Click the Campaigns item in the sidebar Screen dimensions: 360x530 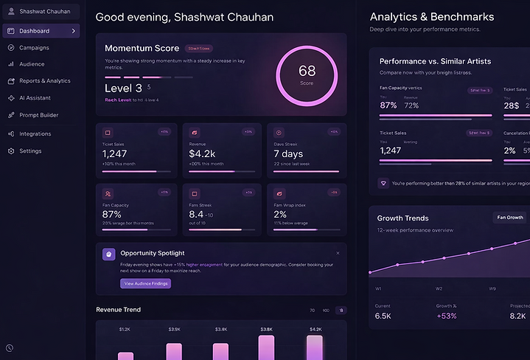tap(34, 48)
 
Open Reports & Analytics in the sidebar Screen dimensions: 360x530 tap(44, 81)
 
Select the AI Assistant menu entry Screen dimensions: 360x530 tap(35, 98)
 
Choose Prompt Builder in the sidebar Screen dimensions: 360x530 tap(38, 115)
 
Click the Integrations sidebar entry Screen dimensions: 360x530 tap(35, 134)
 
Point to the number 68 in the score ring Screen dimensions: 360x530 tap(307, 71)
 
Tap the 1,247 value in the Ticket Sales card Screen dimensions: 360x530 tap(115, 153)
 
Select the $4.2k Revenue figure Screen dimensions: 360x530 tap(202, 153)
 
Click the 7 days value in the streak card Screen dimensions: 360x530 tap(288, 153)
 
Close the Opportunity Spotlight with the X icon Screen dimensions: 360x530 tap(338, 253)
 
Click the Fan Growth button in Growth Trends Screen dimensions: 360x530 tap(510, 218)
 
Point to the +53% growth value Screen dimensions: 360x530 tap(447, 316)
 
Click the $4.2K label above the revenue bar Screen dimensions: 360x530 tap(315, 330)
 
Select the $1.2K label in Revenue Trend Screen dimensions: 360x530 tap(125, 330)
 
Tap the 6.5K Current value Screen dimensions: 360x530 tap(383, 316)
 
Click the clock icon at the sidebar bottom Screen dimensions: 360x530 tap(10, 347)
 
